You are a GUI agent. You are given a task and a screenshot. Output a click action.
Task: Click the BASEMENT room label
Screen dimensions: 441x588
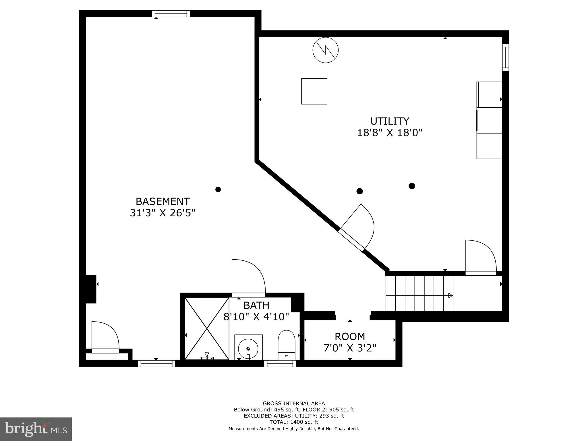pyautogui.click(x=163, y=201)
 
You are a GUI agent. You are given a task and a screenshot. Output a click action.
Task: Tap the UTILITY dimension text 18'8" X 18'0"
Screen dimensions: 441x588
pyautogui.click(x=390, y=133)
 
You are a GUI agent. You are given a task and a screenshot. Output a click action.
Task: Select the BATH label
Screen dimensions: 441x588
pyautogui.click(x=256, y=305)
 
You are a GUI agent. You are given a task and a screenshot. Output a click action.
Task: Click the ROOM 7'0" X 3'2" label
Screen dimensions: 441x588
pyautogui.click(x=350, y=342)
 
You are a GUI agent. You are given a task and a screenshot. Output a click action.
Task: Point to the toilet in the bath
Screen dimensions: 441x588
pyautogui.click(x=286, y=345)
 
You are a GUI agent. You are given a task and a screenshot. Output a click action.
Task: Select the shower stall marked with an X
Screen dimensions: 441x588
pyautogui.click(x=207, y=328)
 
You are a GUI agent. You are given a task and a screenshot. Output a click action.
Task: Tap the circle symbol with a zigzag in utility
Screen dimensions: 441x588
pyautogui.click(x=325, y=50)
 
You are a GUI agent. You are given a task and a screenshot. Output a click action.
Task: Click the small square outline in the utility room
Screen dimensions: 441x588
pyautogui.click(x=314, y=91)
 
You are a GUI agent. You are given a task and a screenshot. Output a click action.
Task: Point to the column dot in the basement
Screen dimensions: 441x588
pyautogui.click(x=218, y=189)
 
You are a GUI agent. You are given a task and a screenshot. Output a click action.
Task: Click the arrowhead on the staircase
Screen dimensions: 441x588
pyautogui.click(x=450, y=295)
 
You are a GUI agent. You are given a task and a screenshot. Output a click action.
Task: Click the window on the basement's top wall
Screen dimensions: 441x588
pyautogui.click(x=171, y=13)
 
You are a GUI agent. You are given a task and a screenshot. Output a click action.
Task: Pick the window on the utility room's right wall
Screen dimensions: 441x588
pyautogui.click(x=505, y=57)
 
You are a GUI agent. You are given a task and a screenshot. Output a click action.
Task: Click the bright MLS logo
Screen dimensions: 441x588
pyautogui.click(x=36, y=429)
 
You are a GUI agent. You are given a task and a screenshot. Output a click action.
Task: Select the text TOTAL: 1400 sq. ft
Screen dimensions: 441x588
pyautogui.click(x=294, y=422)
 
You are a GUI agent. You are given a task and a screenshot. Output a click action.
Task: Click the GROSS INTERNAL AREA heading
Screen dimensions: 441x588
pyautogui.click(x=294, y=403)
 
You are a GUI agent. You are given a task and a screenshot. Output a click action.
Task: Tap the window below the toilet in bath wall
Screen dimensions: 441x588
pyautogui.click(x=280, y=363)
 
